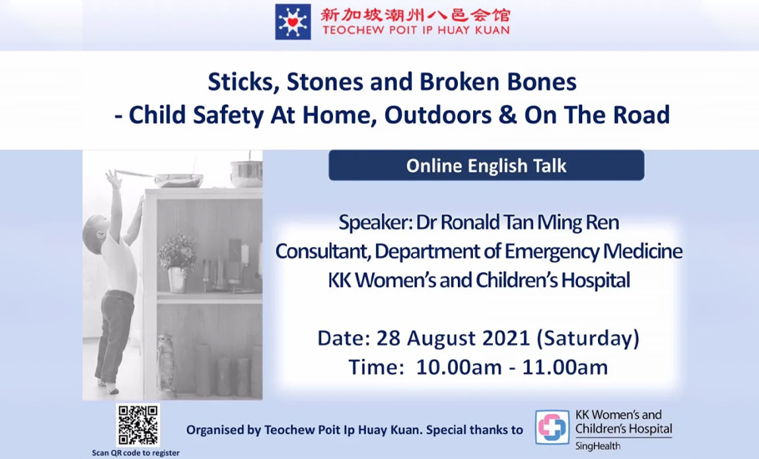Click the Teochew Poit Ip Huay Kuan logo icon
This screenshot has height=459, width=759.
coord(293,22)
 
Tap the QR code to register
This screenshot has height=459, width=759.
coord(138,426)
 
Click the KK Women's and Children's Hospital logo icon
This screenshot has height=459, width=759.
coord(552,427)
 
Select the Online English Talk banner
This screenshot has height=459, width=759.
coord(486,165)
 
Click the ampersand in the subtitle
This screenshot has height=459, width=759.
coord(507,115)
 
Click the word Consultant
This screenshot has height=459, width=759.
coord(322,251)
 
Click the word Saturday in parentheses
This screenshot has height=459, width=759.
coord(588,338)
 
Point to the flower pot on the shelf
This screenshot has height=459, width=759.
coord(177,280)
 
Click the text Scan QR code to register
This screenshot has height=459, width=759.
coord(135,452)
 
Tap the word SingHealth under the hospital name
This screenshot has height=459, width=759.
coord(597,446)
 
